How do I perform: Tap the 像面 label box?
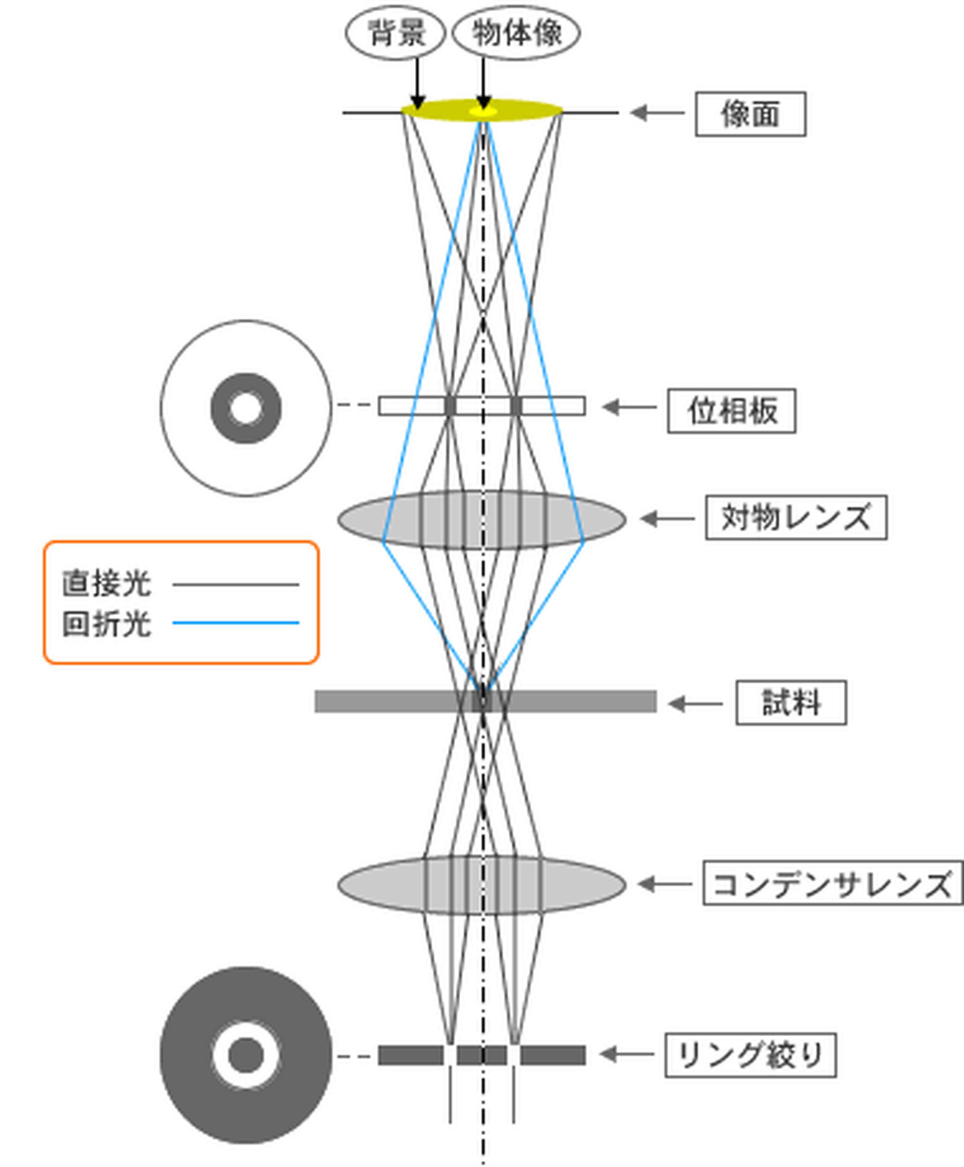(750, 114)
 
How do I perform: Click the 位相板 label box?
(731, 411)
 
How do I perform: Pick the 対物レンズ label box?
(796, 517)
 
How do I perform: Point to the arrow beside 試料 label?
(695, 704)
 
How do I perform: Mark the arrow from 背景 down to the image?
(418, 83)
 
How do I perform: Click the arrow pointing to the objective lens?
(667, 518)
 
